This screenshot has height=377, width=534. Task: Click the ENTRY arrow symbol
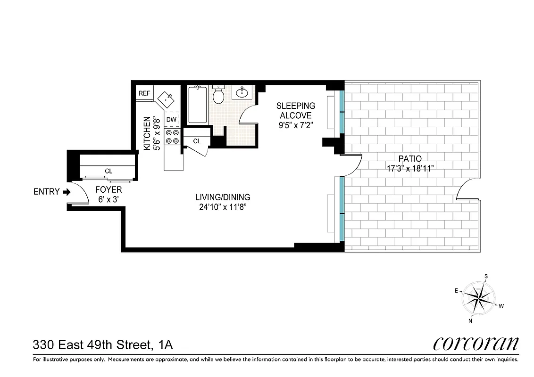(67, 192)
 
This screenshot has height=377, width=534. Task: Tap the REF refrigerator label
(144, 93)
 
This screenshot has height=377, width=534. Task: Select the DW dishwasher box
(171, 120)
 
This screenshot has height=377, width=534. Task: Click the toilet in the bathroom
(218, 96)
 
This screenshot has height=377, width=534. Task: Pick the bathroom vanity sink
(243, 91)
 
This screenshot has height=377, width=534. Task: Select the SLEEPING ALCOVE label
(296, 110)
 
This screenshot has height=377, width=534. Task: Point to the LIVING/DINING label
(223, 197)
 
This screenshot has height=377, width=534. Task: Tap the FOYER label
(108, 189)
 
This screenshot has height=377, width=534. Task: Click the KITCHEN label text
(147, 134)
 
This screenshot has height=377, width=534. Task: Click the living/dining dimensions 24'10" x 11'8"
(223, 206)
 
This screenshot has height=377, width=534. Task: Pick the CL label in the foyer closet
(108, 171)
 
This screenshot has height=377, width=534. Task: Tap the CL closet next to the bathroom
(197, 141)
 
